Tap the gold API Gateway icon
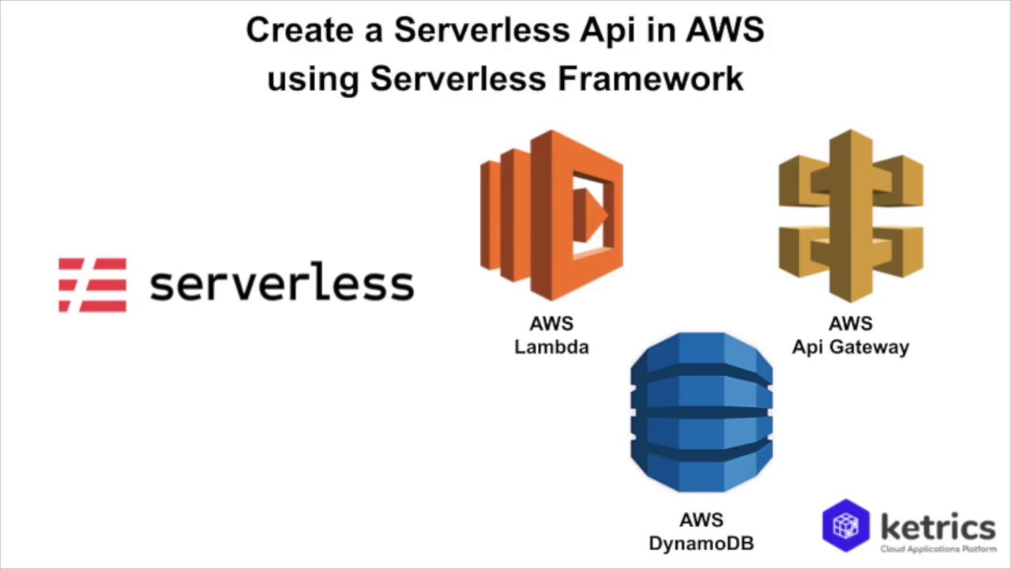(x=851, y=216)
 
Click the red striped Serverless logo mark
(x=92, y=284)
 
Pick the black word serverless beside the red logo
(x=281, y=284)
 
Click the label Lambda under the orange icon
(x=551, y=347)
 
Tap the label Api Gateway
(x=851, y=348)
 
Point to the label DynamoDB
(x=701, y=544)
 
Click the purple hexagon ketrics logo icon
(x=846, y=525)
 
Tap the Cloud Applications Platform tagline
(x=938, y=548)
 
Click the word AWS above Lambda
(x=551, y=324)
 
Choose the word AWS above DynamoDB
(x=701, y=520)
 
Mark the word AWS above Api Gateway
(x=851, y=324)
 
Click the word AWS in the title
(x=724, y=30)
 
